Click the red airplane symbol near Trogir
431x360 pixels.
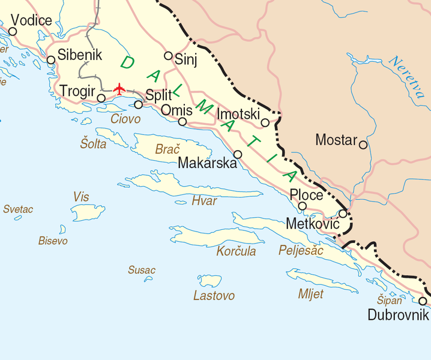pyautogui.click(x=119, y=89)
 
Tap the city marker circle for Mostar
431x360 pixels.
pyautogui.click(x=363, y=145)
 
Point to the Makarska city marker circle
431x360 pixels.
pyautogui.click(x=238, y=154)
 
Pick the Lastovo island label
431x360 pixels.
pyautogui.click(x=214, y=296)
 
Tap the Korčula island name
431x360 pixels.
pyautogui.click(x=236, y=251)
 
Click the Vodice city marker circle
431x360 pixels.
pyautogui.click(x=12, y=31)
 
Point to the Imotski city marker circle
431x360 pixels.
pyautogui.click(x=265, y=123)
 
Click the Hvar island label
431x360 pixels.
pyautogui.click(x=203, y=201)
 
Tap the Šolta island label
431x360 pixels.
pyautogui.click(x=93, y=144)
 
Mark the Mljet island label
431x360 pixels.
pyautogui.click(x=310, y=294)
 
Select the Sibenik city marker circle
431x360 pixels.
pyautogui.click(x=51, y=59)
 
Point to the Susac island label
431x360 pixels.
pyautogui.click(x=142, y=271)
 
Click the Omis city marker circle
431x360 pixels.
pyautogui.click(x=182, y=122)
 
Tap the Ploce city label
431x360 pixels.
pyautogui.click(x=306, y=195)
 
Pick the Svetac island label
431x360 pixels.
pyautogui.click(x=18, y=209)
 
